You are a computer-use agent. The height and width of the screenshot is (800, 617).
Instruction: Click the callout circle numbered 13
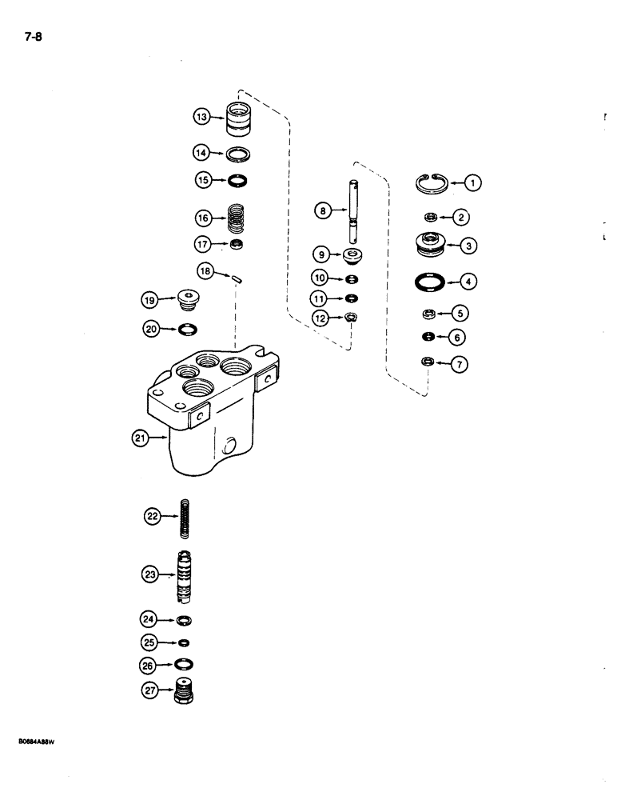[201, 118]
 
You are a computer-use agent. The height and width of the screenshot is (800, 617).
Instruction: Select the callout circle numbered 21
[141, 438]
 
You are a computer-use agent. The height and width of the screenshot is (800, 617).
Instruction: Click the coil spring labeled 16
[235, 217]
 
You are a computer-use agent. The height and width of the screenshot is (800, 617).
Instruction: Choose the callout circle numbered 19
[149, 301]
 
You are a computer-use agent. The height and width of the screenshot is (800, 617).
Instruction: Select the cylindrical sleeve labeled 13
[237, 119]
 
